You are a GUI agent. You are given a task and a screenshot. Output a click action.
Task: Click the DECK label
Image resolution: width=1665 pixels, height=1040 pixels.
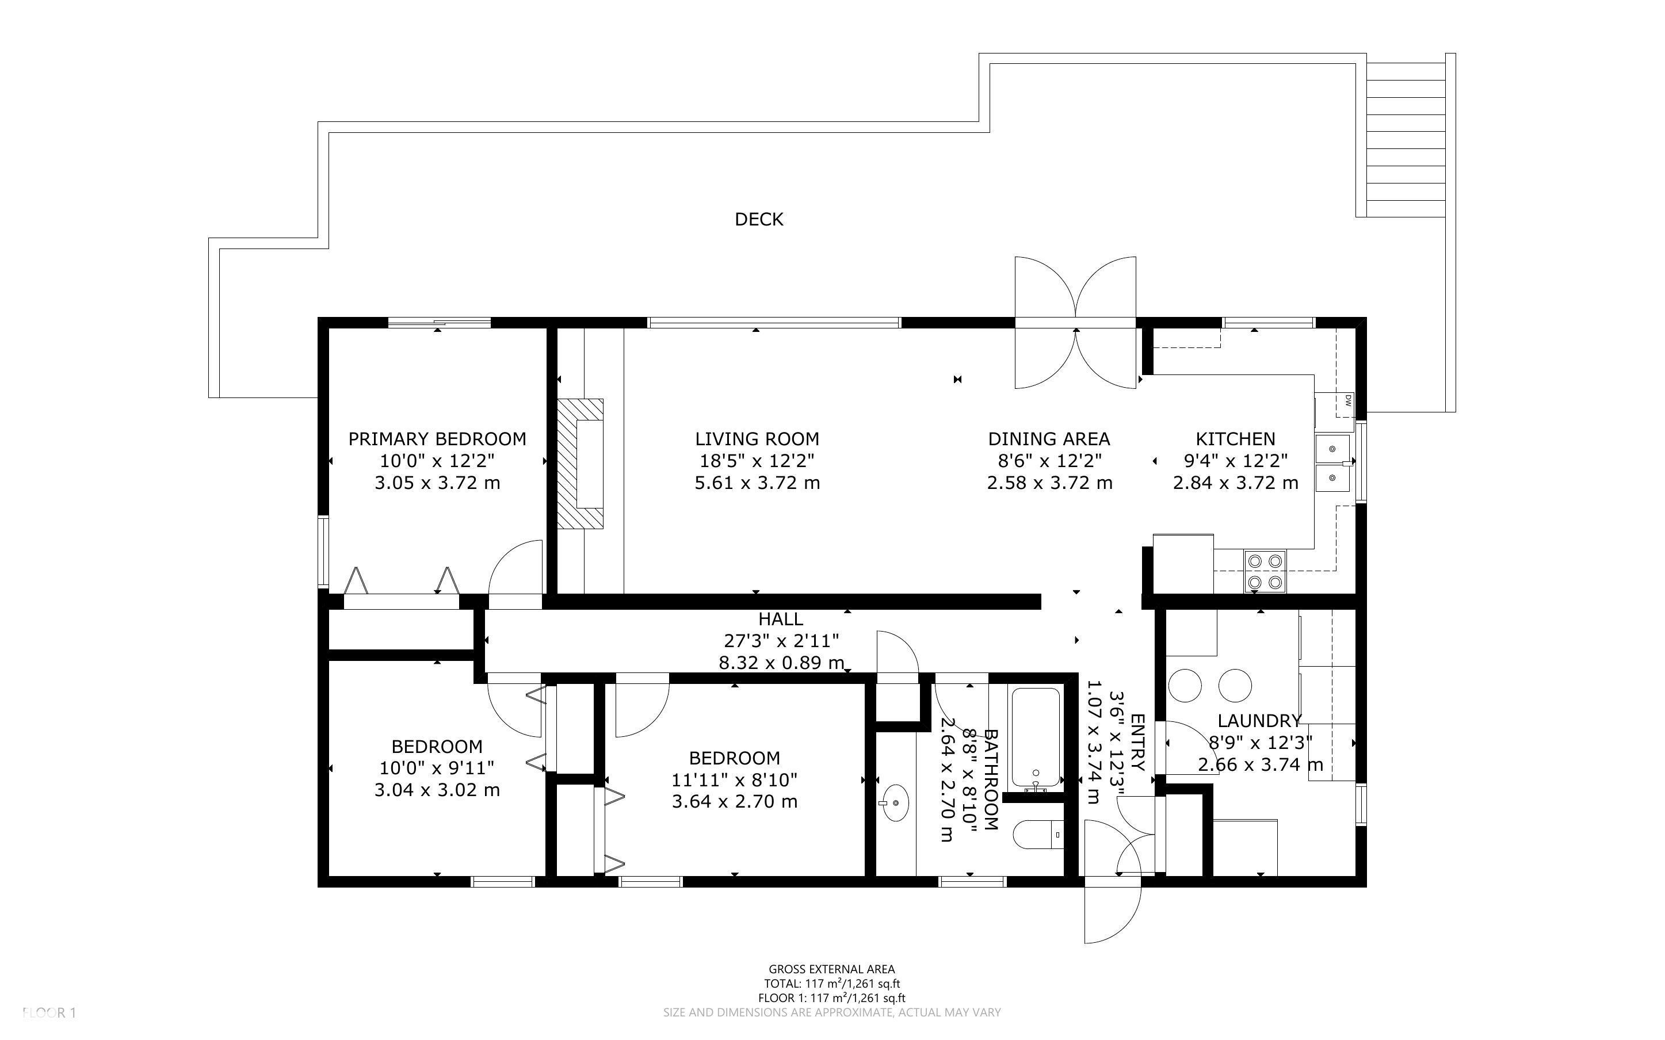(758, 219)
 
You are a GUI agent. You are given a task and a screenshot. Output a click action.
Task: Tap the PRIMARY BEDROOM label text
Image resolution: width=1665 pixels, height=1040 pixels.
(437, 439)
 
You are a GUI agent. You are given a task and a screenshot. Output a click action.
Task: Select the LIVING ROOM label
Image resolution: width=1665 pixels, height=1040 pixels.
(757, 439)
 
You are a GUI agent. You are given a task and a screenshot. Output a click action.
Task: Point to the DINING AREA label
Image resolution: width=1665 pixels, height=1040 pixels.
(1049, 439)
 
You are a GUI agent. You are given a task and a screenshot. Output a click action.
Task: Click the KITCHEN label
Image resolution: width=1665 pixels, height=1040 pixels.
(1235, 439)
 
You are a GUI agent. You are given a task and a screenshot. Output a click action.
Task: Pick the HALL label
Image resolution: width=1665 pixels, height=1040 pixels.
(781, 619)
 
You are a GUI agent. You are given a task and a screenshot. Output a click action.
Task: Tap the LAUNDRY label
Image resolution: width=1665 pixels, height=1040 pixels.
(1259, 721)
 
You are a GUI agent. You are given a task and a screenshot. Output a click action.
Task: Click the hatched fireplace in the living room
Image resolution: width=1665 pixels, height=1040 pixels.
(580, 464)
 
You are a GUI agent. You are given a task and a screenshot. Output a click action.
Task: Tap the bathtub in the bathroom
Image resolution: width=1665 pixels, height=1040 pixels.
(1035, 737)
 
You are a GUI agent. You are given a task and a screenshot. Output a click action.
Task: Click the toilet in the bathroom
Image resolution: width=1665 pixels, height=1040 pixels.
(1038, 834)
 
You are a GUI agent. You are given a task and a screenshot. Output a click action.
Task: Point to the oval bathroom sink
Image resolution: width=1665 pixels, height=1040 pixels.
(895, 802)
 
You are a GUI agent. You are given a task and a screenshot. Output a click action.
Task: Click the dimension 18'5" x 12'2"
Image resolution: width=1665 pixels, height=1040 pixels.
(757, 461)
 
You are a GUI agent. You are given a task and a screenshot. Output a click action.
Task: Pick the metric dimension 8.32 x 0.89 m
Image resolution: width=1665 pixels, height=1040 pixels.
(781, 663)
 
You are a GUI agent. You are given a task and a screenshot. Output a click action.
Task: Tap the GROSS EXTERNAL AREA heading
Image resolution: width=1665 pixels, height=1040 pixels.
(831, 970)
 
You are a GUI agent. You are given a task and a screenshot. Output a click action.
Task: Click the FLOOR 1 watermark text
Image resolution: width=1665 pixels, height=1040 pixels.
(49, 1012)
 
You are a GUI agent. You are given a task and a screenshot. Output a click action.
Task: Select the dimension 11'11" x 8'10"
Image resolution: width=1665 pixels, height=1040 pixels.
(735, 780)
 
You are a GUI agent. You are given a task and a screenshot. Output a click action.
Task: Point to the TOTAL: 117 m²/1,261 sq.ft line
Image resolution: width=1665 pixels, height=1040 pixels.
(831, 984)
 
